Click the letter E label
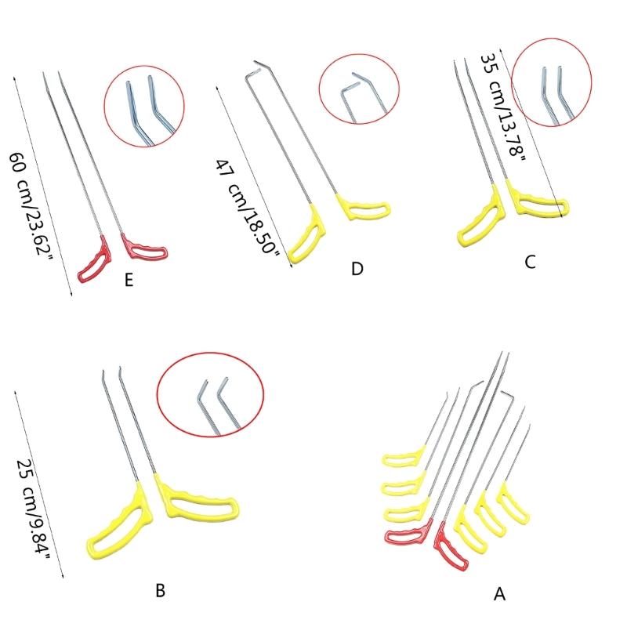129,280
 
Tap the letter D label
357,269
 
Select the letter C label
530,263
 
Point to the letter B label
161,590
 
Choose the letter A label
499,594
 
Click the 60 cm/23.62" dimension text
31,207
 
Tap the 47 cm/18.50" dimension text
247,207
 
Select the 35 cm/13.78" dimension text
503,107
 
